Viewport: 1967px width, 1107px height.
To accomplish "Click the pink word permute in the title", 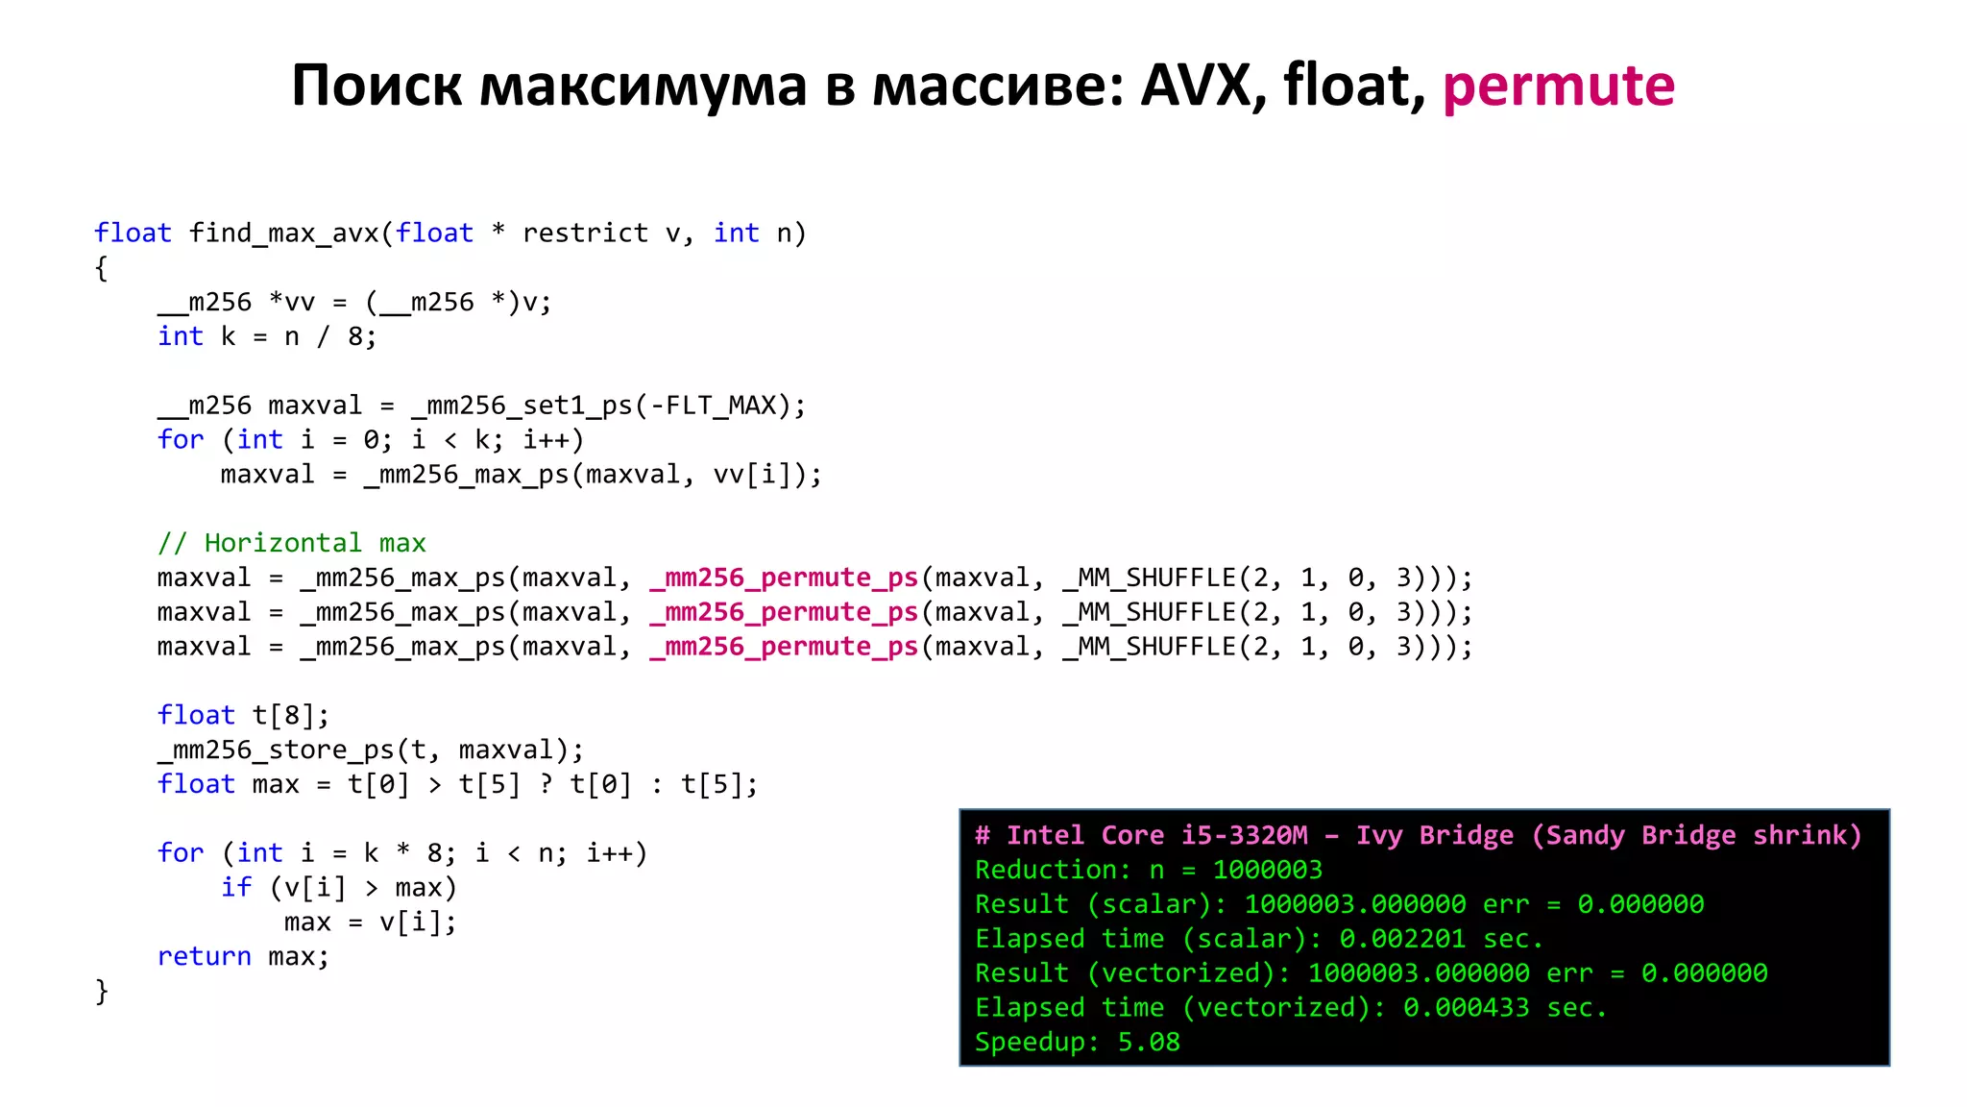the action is (x=1558, y=86).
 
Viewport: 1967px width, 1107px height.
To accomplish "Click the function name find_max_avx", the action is (x=284, y=234).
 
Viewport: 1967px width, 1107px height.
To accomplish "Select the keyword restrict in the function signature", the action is (x=585, y=234).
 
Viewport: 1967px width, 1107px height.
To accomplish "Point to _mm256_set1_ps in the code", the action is (x=522, y=406).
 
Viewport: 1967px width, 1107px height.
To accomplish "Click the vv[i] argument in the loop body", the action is (x=760, y=475).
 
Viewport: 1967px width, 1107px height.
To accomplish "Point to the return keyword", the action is (x=204, y=957).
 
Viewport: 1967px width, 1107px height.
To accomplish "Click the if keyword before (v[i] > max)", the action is (x=236, y=888).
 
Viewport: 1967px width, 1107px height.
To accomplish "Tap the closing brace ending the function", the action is (x=102, y=991).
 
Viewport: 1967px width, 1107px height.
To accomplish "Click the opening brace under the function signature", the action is (x=102, y=268).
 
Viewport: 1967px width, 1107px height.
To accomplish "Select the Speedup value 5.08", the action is (x=1148, y=1043).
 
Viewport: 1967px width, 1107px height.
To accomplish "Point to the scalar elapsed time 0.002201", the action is (x=1402, y=939).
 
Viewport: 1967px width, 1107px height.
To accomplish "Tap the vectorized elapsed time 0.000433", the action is (x=1466, y=1008).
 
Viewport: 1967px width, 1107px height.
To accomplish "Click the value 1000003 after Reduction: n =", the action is (x=1267, y=870).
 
